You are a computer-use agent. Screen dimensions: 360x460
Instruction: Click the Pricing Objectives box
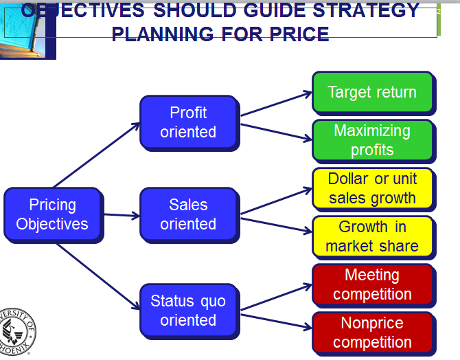point(52,214)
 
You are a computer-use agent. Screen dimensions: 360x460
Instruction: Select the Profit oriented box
point(189,122)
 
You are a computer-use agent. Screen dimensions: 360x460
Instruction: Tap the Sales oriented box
point(189,214)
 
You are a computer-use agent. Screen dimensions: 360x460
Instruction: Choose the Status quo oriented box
point(189,311)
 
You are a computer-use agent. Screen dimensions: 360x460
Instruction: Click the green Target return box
point(373,93)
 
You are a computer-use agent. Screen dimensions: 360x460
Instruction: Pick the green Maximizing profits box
point(373,140)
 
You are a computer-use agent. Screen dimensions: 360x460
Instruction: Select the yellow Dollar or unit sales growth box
point(373,188)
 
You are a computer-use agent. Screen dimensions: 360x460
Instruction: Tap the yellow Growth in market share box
point(373,236)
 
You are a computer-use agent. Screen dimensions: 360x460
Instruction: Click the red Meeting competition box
point(373,284)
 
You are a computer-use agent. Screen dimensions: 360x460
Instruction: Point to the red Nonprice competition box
point(373,333)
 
